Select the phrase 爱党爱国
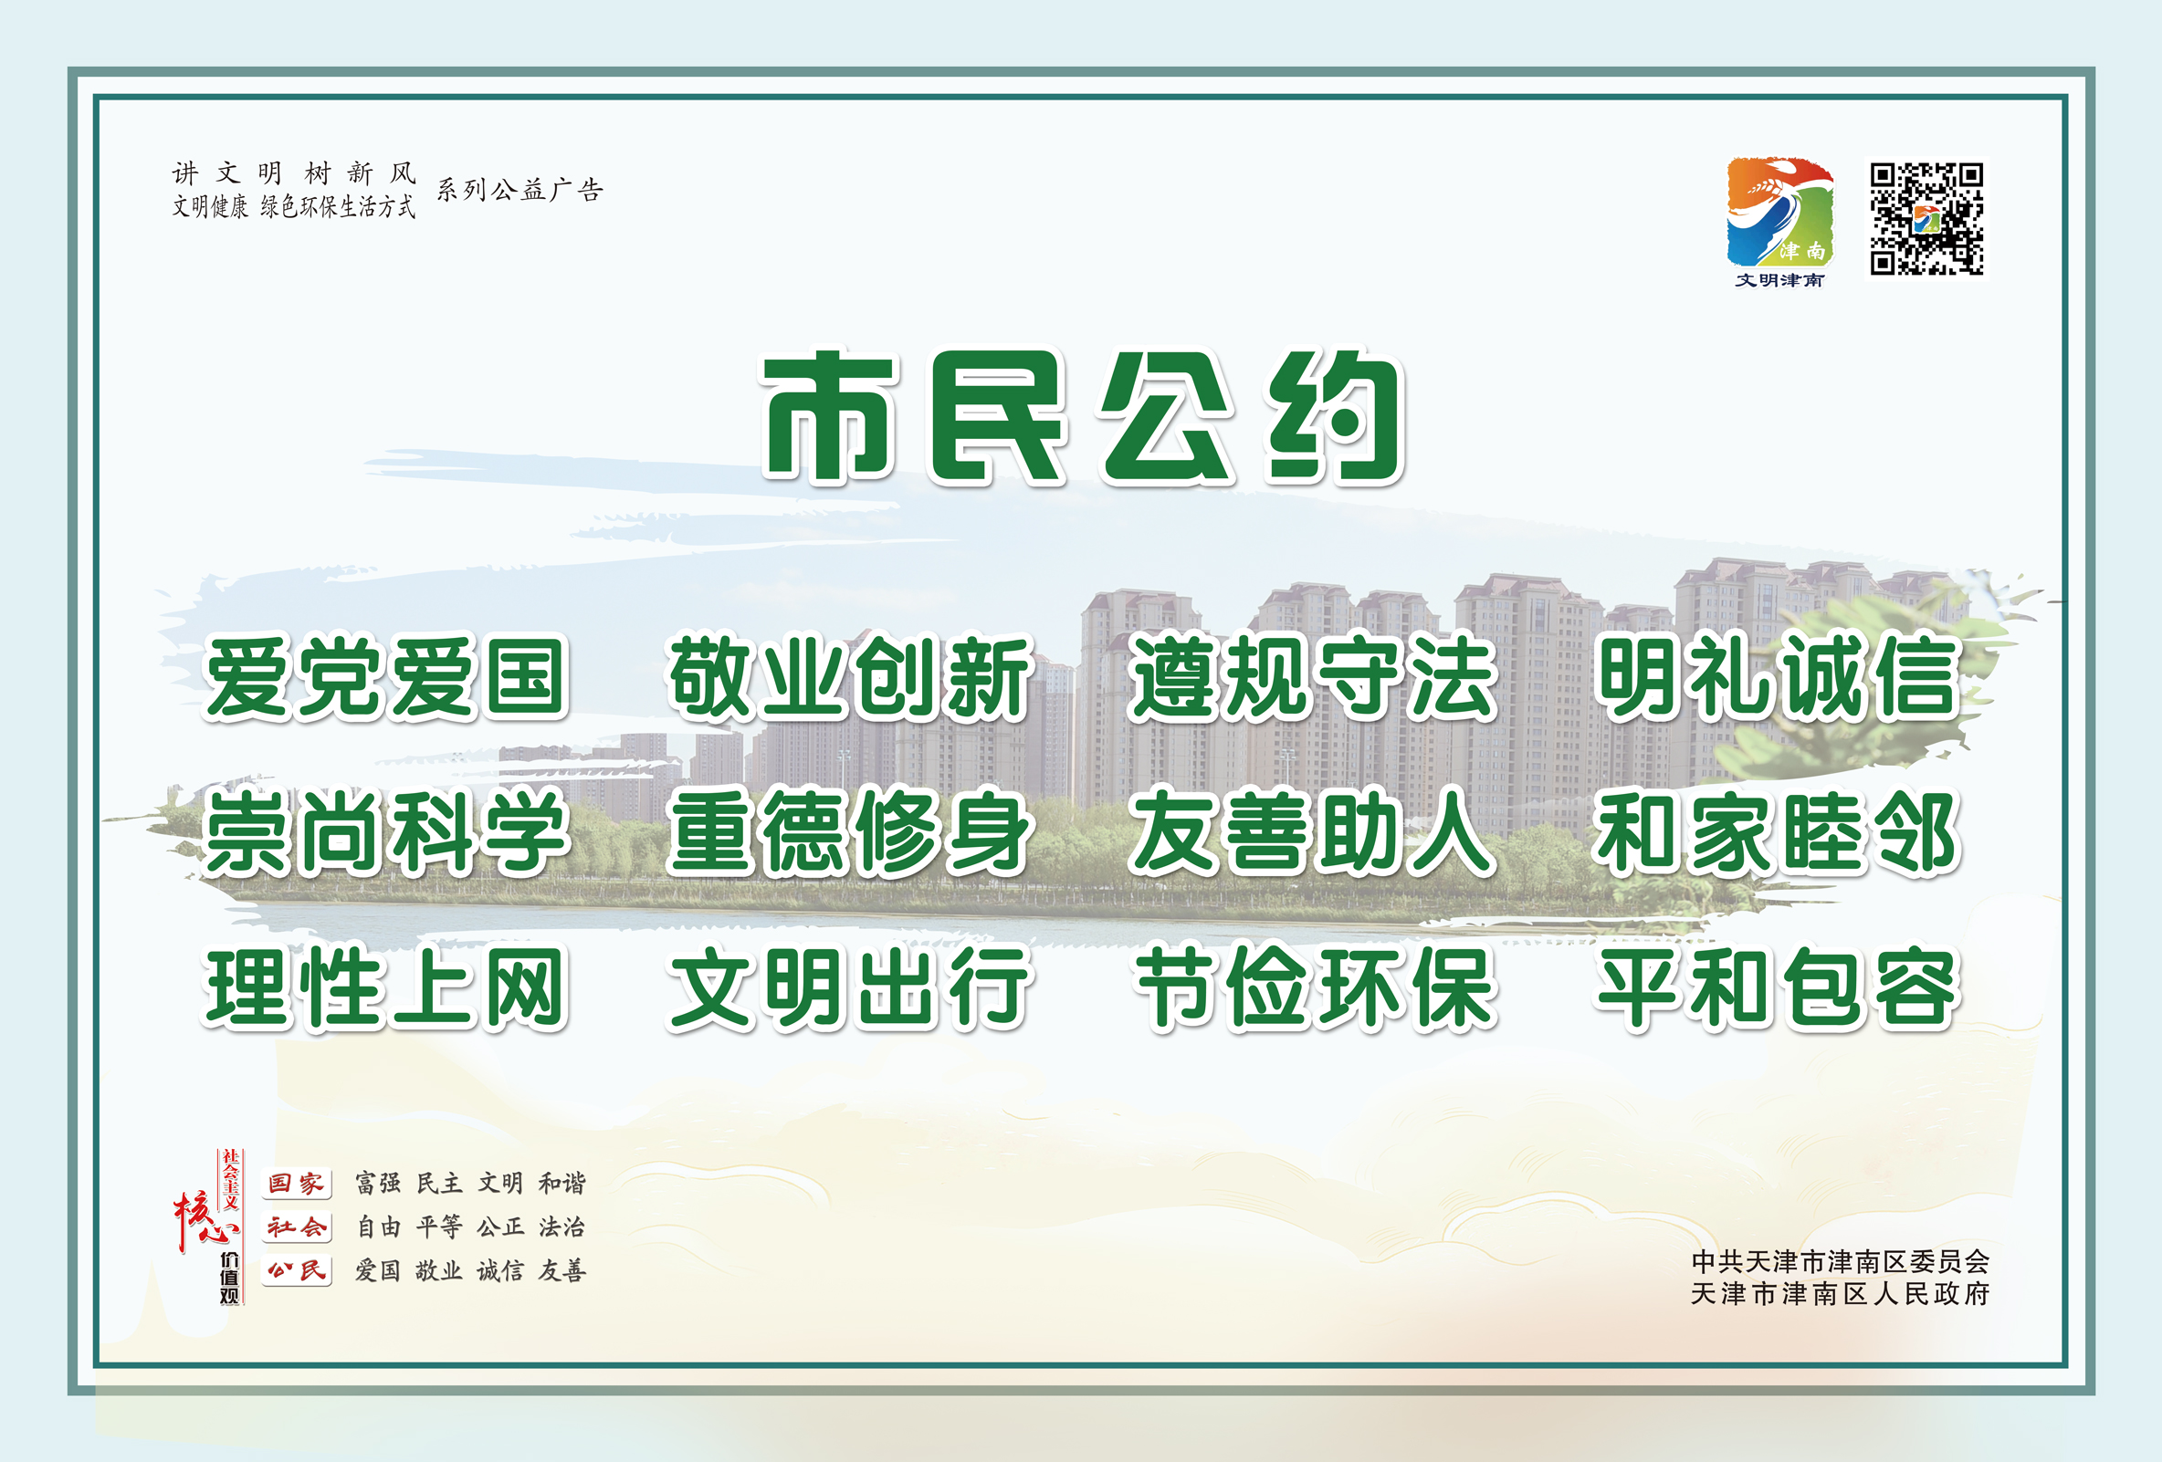(x=385, y=677)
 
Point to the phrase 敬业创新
(x=848, y=677)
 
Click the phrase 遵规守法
(x=1312, y=676)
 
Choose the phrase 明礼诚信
(x=1777, y=676)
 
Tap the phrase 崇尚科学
(x=385, y=832)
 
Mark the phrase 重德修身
(x=848, y=832)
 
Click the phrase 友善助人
(x=1312, y=832)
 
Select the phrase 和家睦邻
(x=1777, y=832)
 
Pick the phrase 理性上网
(x=385, y=987)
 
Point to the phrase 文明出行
(x=848, y=987)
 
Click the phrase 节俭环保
(x=1314, y=987)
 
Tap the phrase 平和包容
(x=1777, y=987)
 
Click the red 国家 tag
(x=297, y=1183)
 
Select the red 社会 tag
(x=297, y=1227)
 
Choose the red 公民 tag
(x=297, y=1270)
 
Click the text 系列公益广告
(x=520, y=190)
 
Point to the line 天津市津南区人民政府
(x=1839, y=1294)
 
